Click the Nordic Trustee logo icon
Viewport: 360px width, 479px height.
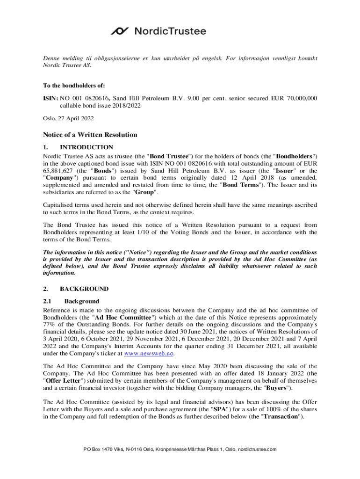click(x=120, y=31)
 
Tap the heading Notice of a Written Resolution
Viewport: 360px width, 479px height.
click(x=90, y=135)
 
